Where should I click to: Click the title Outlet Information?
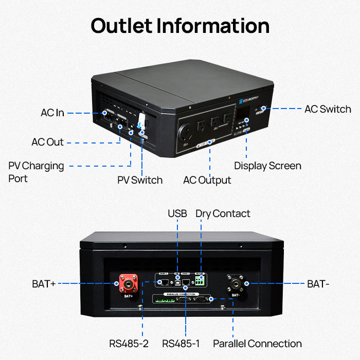[180, 26]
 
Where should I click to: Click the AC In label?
[52, 113]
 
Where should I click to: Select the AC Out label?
[47, 142]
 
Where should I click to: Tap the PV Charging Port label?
[36, 172]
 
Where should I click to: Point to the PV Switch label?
[140, 180]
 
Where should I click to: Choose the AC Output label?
[207, 180]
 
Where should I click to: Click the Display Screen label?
[267, 166]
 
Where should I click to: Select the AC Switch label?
[328, 109]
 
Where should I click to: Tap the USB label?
[177, 213]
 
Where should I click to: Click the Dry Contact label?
[223, 213]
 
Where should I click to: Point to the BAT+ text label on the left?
[43, 283]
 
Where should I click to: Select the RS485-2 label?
[129, 343]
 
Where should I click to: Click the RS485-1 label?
[182, 343]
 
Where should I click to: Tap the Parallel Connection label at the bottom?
[257, 343]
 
